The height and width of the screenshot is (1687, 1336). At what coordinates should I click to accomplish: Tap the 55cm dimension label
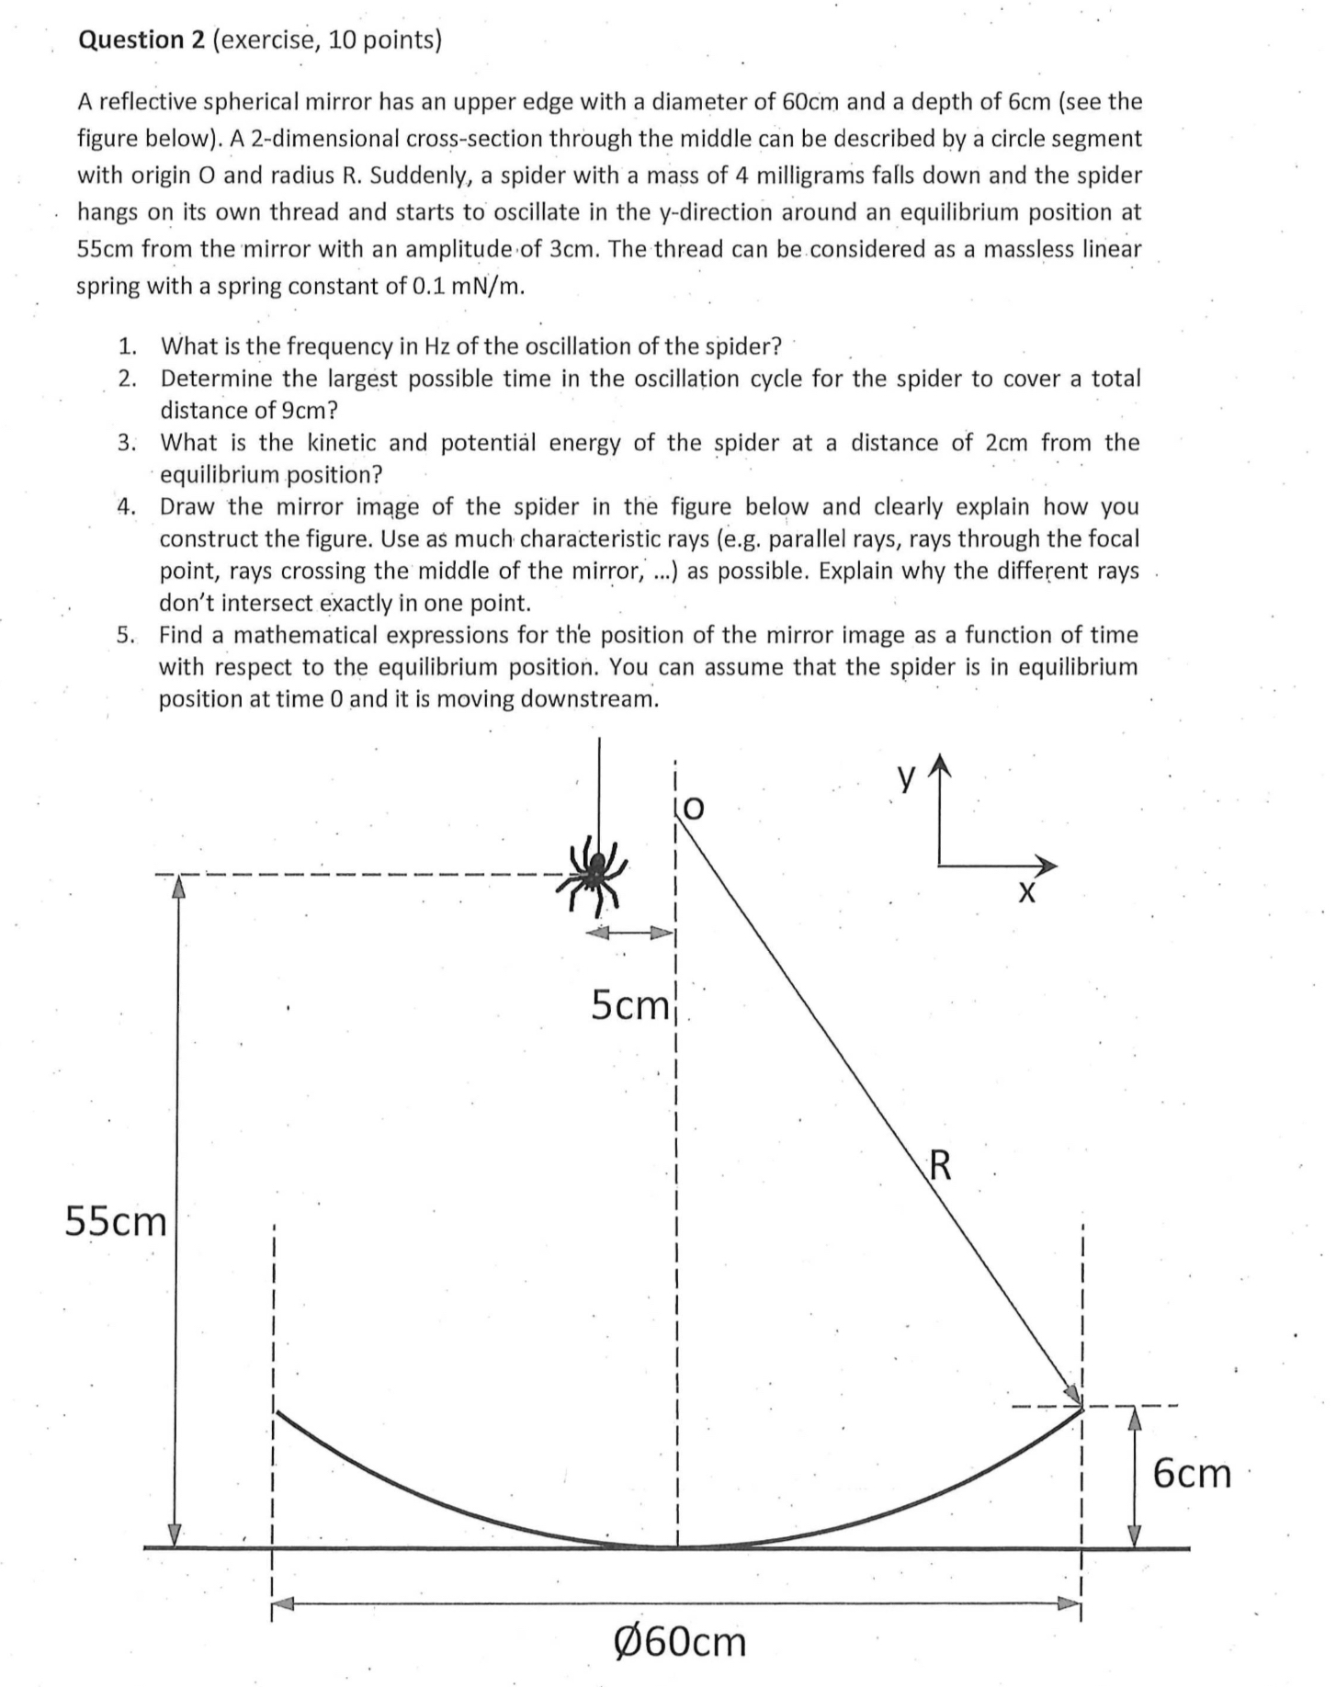116,1221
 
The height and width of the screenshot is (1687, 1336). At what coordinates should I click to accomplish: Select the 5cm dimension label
630,1005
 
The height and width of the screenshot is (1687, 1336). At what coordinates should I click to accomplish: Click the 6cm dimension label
1192,1472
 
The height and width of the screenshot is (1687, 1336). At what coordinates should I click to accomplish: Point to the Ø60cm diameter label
679,1640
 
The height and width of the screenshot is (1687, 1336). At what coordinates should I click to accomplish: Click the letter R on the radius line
941,1165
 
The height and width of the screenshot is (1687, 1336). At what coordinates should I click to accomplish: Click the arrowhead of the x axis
1047,865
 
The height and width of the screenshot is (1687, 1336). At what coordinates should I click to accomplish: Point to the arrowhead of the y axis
938,764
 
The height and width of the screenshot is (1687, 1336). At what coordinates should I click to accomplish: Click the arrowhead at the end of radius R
1072,1393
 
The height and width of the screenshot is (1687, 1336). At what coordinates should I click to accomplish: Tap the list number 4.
127,506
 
